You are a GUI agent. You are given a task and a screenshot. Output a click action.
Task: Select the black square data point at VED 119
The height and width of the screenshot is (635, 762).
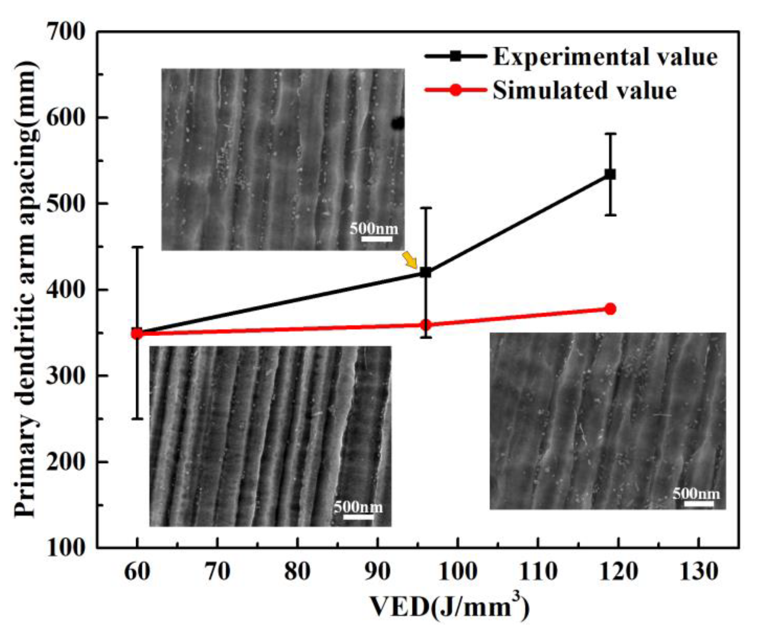click(610, 174)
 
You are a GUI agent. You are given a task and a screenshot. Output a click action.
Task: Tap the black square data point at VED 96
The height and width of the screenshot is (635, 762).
click(425, 272)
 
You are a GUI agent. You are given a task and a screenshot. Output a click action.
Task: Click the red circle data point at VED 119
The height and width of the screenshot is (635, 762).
click(610, 309)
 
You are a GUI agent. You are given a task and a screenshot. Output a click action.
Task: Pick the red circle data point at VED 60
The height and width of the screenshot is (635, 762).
click(137, 333)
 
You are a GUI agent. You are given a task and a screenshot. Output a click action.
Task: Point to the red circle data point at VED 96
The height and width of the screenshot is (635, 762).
click(425, 325)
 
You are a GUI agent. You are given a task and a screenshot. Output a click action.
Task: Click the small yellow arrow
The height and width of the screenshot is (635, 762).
click(410, 261)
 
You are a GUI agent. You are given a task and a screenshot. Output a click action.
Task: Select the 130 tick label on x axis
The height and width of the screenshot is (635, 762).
click(698, 572)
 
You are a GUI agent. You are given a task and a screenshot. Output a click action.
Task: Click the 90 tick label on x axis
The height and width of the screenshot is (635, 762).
click(377, 572)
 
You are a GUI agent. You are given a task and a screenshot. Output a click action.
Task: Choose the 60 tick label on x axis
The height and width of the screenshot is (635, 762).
click(137, 572)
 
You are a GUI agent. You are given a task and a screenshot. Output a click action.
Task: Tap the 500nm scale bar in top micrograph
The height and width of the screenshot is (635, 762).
click(376, 238)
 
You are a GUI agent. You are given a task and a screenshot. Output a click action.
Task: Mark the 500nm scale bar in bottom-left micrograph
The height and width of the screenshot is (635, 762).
click(358, 516)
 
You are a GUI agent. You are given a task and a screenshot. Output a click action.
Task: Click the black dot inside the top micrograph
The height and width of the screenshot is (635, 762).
click(398, 124)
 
